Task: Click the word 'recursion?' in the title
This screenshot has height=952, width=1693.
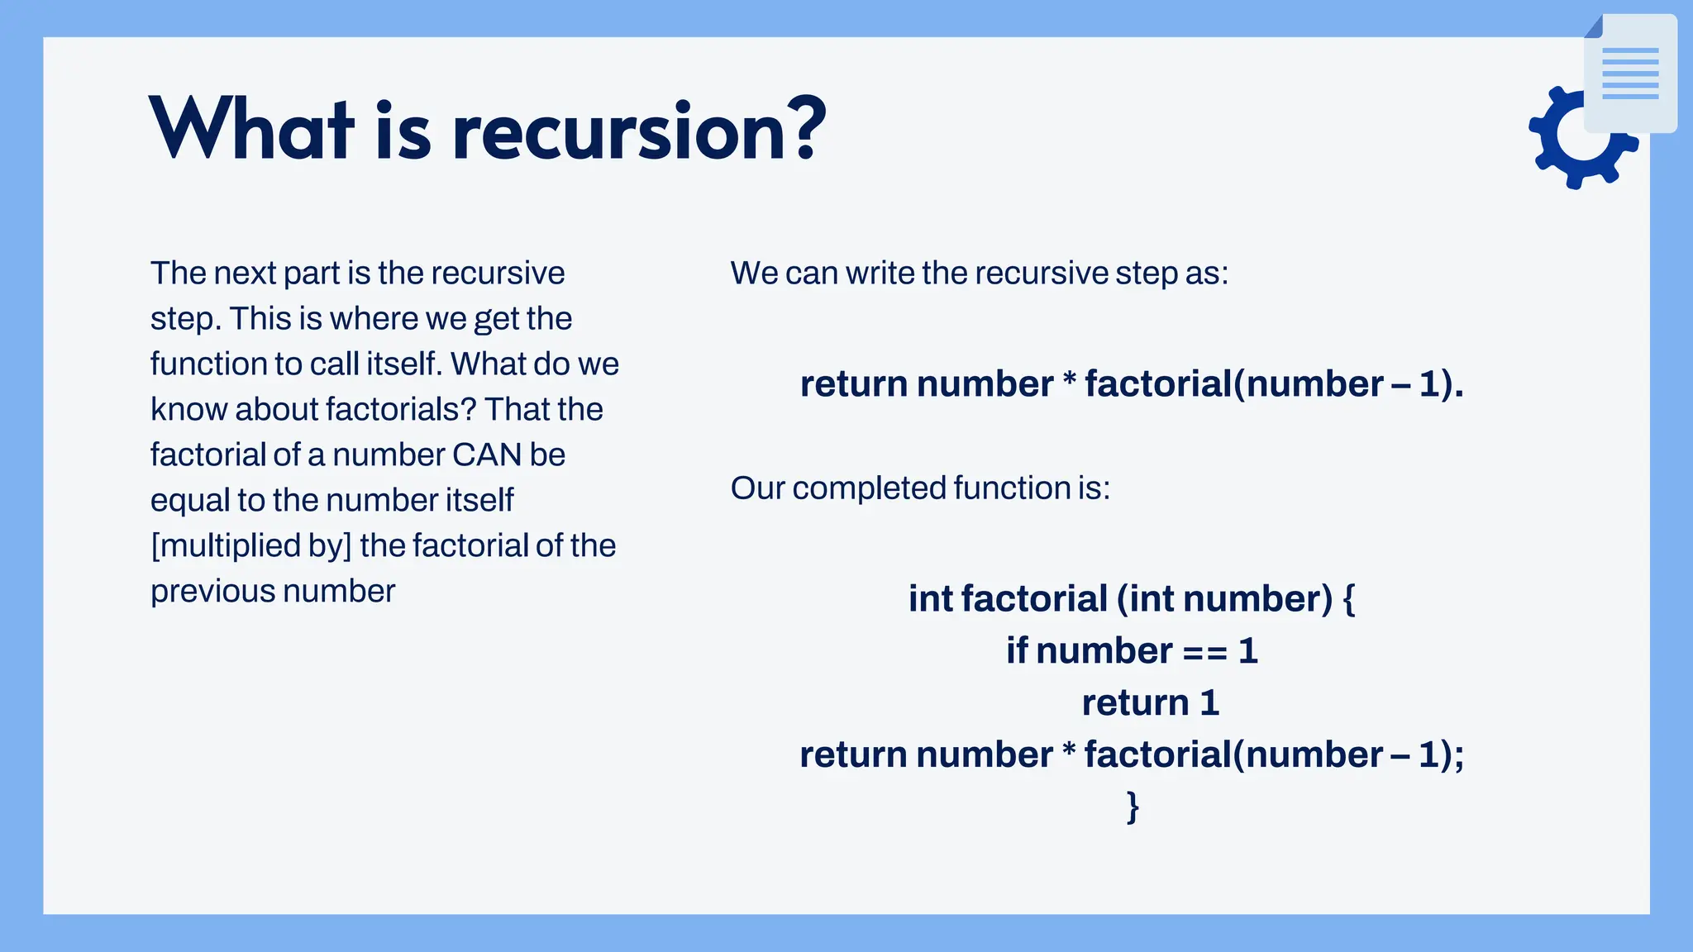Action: tap(639, 131)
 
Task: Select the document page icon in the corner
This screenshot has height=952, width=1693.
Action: tap(1630, 74)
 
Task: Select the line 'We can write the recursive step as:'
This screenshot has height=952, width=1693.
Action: tap(980, 274)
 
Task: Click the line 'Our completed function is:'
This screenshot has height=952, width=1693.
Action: tap(920, 488)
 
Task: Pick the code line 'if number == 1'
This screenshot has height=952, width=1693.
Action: tap(1132, 651)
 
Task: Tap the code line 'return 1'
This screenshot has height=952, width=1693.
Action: tap(1151, 703)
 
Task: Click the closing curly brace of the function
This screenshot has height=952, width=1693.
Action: tap(1133, 806)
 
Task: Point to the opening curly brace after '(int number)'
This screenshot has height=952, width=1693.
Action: tap(1348, 599)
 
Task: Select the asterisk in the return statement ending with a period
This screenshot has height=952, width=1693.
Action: tap(1069, 382)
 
